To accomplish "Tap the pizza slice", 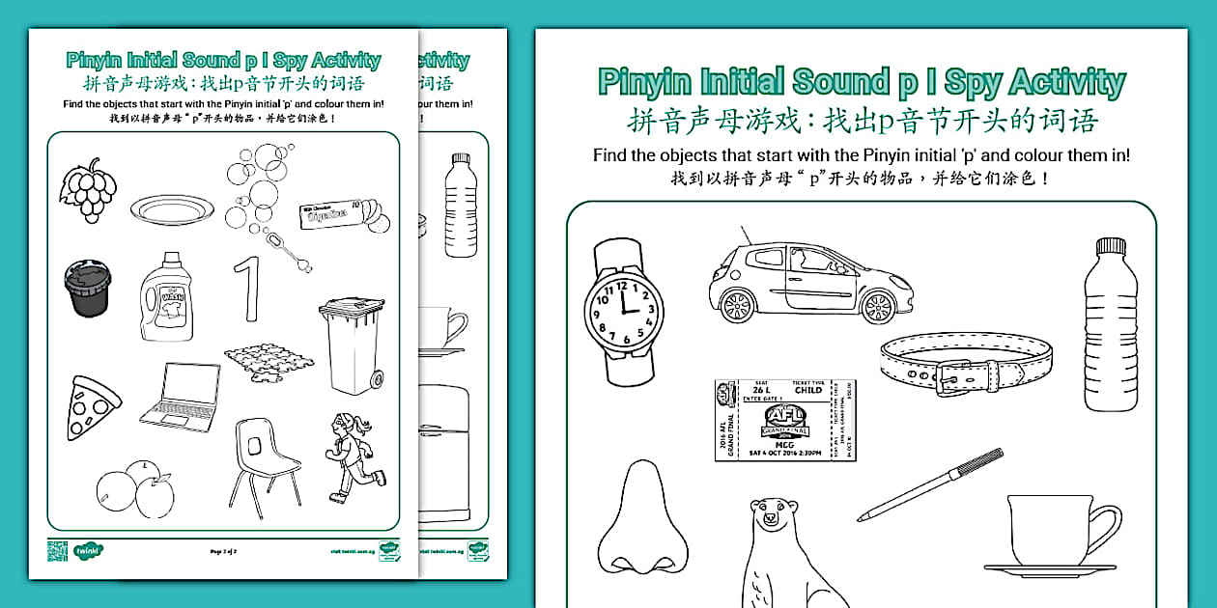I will pos(92,406).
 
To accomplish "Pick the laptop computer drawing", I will pos(180,397).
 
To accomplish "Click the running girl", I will pos(355,456).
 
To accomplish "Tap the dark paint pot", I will pos(87,287).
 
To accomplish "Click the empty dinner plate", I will pos(172,208).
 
